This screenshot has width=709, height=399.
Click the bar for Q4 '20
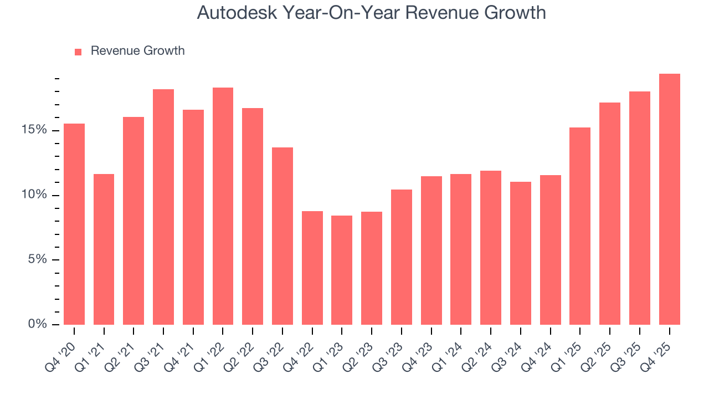(x=74, y=224)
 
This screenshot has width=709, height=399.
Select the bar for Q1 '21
(x=104, y=249)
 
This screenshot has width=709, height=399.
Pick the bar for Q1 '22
(x=223, y=206)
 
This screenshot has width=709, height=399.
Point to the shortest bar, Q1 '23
(x=342, y=270)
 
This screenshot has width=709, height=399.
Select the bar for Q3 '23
(x=401, y=257)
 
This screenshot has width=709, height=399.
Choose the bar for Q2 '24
(x=490, y=248)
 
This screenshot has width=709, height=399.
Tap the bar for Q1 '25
(x=579, y=226)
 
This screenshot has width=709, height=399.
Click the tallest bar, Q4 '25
(x=669, y=199)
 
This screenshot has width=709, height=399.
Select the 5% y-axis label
(x=38, y=260)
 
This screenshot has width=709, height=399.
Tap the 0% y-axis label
(x=38, y=324)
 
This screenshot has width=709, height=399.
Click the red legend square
(x=78, y=52)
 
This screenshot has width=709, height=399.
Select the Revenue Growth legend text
(x=137, y=51)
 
